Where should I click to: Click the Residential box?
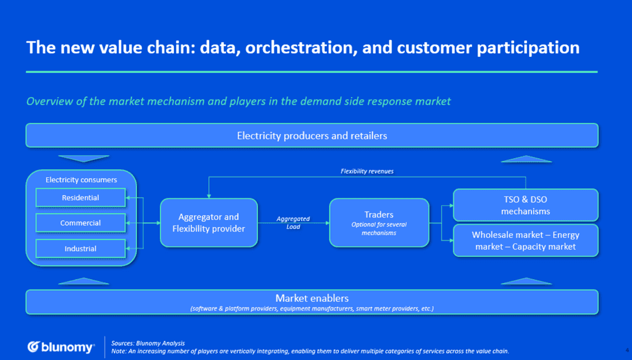pyautogui.click(x=80, y=198)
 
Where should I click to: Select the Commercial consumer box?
pyautogui.click(x=80, y=223)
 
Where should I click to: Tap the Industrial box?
pyautogui.click(x=80, y=248)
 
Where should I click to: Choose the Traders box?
pyautogui.click(x=378, y=223)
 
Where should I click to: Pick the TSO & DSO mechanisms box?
pyautogui.click(x=525, y=205)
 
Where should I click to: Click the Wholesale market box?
pyautogui.click(x=525, y=240)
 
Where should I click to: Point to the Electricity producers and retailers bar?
pyautogui.click(x=312, y=135)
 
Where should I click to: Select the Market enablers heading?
pyautogui.click(x=312, y=298)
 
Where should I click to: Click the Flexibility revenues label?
pyautogui.click(x=367, y=171)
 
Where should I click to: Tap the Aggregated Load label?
pyautogui.click(x=293, y=222)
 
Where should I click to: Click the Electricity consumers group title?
pyautogui.click(x=81, y=180)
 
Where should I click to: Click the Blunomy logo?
pyautogui.click(x=60, y=347)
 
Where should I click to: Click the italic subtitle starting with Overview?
pyautogui.click(x=238, y=101)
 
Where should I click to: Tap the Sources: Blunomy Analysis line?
pyautogui.click(x=148, y=343)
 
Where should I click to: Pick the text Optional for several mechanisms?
pyautogui.click(x=378, y=228)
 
